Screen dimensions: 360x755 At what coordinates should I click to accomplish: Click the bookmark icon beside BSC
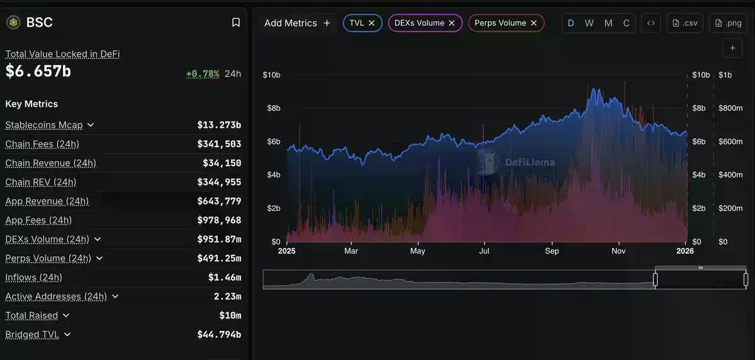pyautogui.click(x=236, y=23)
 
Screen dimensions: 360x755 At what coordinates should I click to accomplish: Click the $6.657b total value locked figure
pyautogui.click(x=38, y=72)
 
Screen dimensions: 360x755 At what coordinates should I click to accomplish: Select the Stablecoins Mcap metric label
pyautogui.click(x=44, y=125)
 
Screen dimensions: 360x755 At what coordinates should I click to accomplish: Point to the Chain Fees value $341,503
pyautogui.click(x=219, y=144)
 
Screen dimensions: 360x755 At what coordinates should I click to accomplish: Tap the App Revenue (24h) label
pyautogui.click(x=47, y=201)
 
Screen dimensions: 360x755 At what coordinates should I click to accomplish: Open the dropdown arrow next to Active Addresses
pyautogui.click(x=115, y=296)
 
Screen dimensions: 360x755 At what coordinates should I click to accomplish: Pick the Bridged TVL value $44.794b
pyautogui.click(x=219, y=335)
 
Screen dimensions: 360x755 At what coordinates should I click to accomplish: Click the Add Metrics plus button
pyautogui.click(x=327, y=23)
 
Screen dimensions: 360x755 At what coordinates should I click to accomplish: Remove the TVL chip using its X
pyautogui.click(x=372, y=23)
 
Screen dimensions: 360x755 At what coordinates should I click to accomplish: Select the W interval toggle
pyautogui.click(x=589, y=23)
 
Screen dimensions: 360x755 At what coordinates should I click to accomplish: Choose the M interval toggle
pyautogui.click(x=608, y=23)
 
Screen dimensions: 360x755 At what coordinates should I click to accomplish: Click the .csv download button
pyautogui.click(x=685, y=23)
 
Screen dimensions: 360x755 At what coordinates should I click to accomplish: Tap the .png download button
pyautogui.click(x=728, y=23)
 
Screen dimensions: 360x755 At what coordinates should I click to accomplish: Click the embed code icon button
pyautogui.click(x=651, y=23)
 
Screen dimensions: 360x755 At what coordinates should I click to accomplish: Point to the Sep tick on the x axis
pyautogui.click(x=552, y=251)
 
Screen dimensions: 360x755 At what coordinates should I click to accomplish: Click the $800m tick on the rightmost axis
pyautogui.click(x=730, y=108)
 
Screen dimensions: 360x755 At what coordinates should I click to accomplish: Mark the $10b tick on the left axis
pyautogui.click(x=271, y=75)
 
